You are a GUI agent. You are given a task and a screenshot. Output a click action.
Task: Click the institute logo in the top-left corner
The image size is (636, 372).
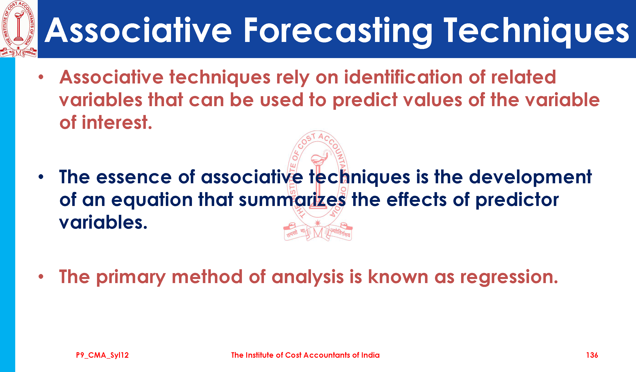coord(18,29)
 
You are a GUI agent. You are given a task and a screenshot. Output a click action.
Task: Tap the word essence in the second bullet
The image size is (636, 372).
coord(134,177)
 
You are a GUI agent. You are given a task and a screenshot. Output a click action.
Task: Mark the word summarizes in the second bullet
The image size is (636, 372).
coord(292,200)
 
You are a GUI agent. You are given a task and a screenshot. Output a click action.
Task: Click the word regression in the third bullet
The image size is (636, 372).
coord(509,277)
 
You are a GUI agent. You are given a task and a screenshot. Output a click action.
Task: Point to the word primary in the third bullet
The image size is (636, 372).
coord(131,277)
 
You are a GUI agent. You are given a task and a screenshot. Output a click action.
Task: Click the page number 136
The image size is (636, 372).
coord(592,355)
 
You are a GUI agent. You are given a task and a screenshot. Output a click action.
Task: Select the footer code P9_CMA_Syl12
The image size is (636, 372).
coord(102,355)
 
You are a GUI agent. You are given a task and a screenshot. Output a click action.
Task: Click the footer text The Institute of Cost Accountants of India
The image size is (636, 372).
coord(305,355)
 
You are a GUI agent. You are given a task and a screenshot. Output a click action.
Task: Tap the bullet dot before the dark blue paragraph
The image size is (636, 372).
coord(41,177)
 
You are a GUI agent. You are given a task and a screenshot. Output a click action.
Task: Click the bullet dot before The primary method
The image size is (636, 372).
coord(41,277)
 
